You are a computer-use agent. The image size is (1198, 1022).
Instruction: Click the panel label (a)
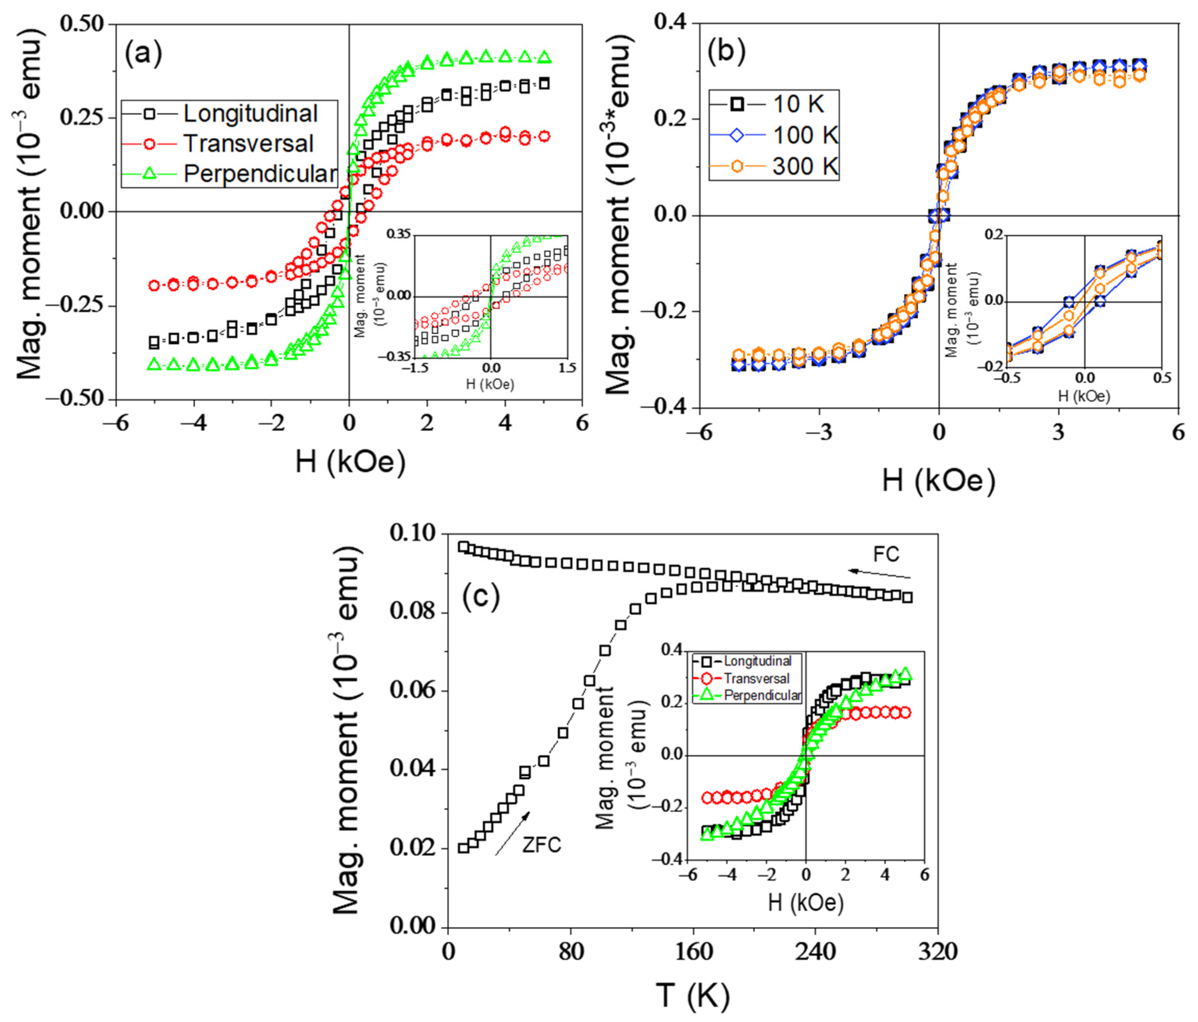(x=143, y=54)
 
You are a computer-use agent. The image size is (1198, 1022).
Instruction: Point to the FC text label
(x=886, y=555)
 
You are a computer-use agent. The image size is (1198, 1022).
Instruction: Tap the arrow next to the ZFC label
(x=512, y=833)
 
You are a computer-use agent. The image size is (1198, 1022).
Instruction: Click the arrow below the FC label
(x=879, y=574)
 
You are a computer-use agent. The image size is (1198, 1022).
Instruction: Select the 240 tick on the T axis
(x=815, y=951)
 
